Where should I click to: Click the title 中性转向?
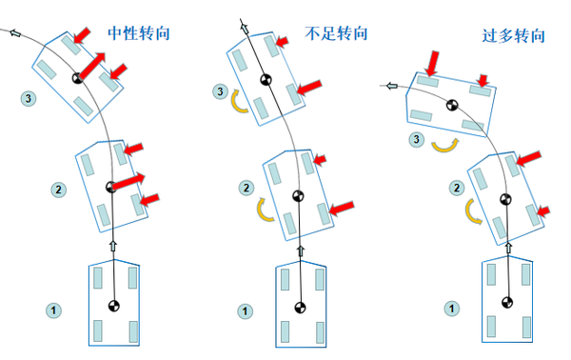[x=139, y=33]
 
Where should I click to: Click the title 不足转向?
[x=336, y=33]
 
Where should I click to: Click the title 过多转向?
[x=514, y=35]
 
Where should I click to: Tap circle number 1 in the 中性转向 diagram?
[x=53, y=310]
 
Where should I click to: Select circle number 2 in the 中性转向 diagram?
[x=58, y=190]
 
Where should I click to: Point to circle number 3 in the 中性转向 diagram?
[x=29, y=98]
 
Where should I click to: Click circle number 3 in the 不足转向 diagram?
[x=221, y=91]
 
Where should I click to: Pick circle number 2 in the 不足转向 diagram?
[x=246, y=188]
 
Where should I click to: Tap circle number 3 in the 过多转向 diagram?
[x=417, y=139]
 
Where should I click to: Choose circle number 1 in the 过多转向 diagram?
[x=451, y=309]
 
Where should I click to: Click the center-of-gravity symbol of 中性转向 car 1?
[x=114, y=306]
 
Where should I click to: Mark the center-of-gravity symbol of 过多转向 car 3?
[x=452, y=106]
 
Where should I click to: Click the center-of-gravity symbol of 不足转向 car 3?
[x=266, y=79]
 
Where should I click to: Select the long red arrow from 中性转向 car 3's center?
[x=92, y=66]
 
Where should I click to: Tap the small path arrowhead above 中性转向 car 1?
[x=113, y=246]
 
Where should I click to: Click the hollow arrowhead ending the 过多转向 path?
[x=392, y=86]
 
